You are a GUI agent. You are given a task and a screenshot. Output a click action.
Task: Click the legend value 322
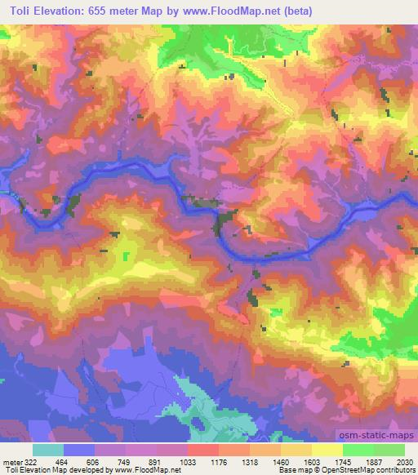pos(32,461)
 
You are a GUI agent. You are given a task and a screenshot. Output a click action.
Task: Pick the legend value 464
pos(64,461)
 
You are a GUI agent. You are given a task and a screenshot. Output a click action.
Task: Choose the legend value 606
pos(96,461)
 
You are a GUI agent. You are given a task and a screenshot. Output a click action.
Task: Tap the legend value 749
pos(127,461)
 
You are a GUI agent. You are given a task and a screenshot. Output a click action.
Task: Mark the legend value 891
pos(158,461)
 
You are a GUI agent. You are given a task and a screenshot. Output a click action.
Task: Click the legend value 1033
pos(188,461)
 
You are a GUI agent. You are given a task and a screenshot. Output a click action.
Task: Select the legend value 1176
pos(219,461)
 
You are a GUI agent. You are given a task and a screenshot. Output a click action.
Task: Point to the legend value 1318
pos(250,461)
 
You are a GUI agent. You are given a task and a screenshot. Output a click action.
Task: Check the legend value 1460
pos(281,461)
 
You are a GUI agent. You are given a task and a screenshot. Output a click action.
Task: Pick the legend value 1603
pos(312,461)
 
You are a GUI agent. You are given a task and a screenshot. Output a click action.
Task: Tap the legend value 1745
pos(343,461)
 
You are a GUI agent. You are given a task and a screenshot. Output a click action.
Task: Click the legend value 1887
pos(374,461)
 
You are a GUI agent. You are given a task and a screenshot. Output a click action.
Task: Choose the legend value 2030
pos(404,461)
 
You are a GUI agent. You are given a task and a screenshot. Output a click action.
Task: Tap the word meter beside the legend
pos(11,461)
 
